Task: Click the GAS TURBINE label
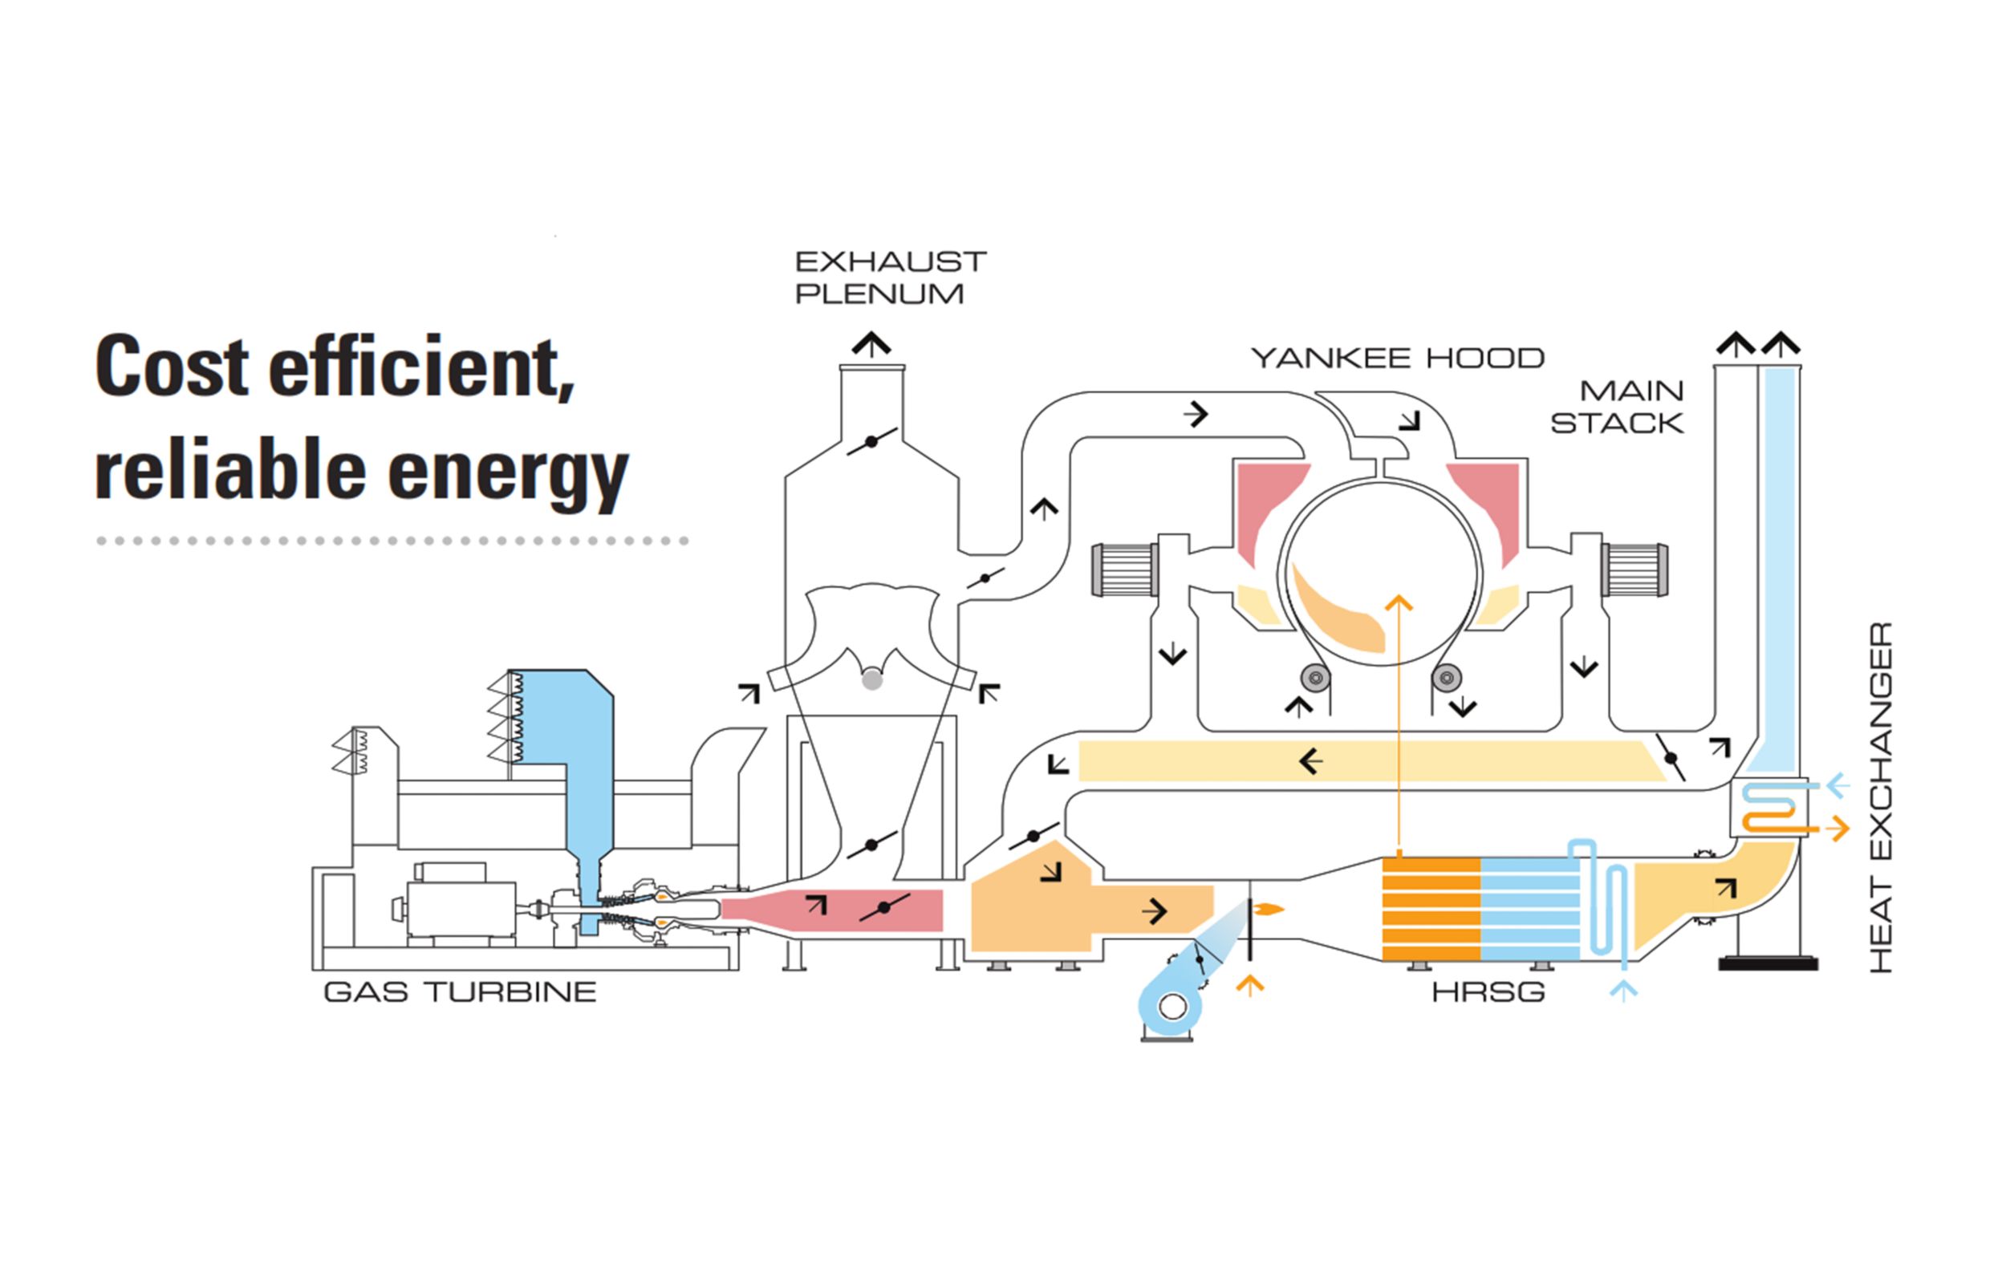[460, 991]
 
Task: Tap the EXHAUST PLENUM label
[890, 278]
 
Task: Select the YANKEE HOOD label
[1397, 359]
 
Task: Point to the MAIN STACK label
[1617, 407]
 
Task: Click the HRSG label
[1488, 992]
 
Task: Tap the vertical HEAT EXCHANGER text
[1881, 797]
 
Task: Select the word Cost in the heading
[172, 367]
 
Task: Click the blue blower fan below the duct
[1171, 1005]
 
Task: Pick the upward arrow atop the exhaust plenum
[871, 344]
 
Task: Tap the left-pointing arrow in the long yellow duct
[1310, 760]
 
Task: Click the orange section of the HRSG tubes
[1431, 909]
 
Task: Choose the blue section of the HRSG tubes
[1529, 909]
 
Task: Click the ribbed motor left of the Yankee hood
[1125, 570]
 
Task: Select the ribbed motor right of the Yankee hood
[1634, 570]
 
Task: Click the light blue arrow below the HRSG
[1623, 990]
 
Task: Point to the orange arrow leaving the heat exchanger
[1836, 829]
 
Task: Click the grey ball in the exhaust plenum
[871, 680]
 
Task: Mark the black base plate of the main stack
[1768, 963]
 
